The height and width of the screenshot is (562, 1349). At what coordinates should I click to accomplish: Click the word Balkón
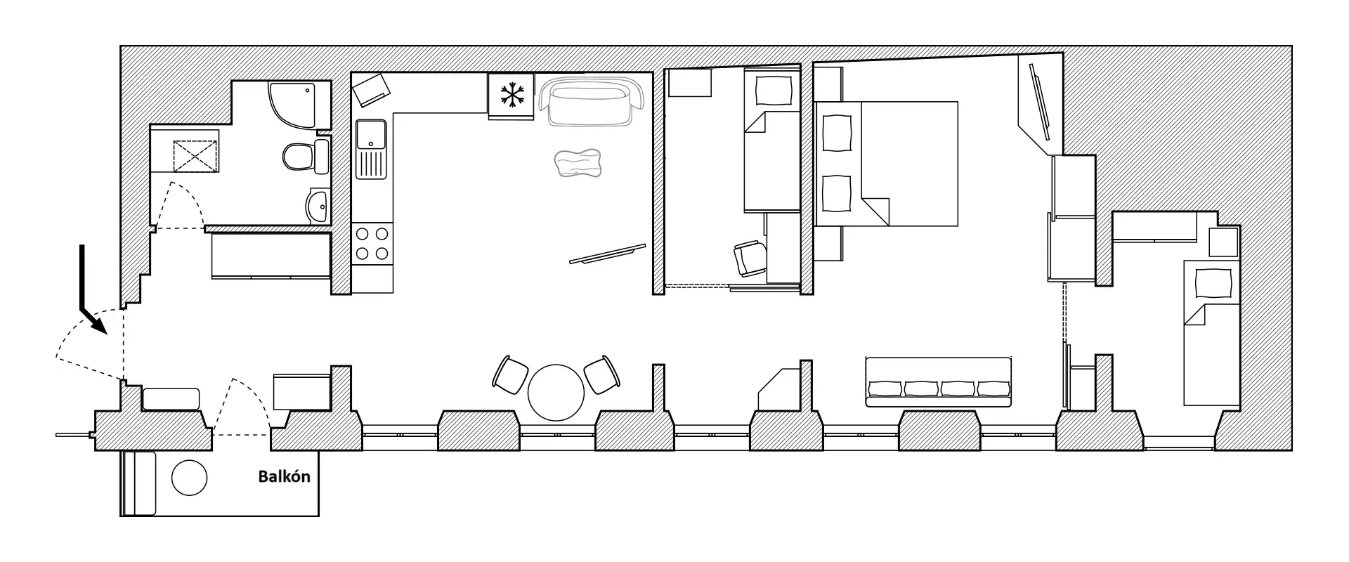click(284, 477)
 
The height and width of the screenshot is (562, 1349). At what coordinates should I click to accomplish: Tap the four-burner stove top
click(372, 243)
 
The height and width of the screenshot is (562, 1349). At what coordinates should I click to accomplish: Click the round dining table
click(556, 392)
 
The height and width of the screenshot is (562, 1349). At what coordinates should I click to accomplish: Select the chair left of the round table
click(511, 375)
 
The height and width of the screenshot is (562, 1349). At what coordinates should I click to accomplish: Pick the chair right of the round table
click(602, 375)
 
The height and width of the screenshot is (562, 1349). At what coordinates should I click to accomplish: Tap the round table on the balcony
click(190, 478)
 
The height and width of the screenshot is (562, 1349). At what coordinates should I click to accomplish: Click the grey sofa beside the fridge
click(592, 102)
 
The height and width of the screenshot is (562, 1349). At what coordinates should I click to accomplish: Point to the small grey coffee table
click(578, 164)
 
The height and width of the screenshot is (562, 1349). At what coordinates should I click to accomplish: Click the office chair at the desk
click(751, 259)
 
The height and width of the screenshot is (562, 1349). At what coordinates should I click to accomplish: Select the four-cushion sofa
click(938, 381)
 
